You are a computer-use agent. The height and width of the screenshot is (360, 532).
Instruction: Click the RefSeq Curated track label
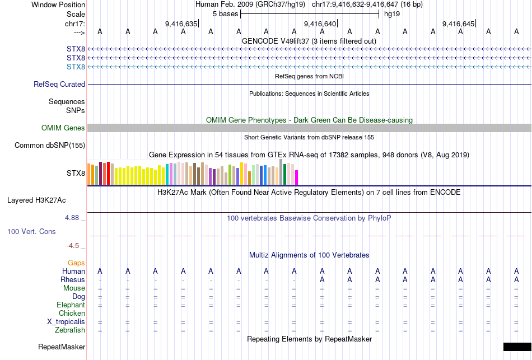click(59, 85)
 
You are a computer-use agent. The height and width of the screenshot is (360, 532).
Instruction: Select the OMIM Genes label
click(63, 128)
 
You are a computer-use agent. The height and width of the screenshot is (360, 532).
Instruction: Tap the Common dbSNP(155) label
click(50, 146)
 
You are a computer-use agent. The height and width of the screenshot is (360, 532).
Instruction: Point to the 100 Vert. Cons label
click(31, 231)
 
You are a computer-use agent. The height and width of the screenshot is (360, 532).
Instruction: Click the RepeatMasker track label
click(62, 347)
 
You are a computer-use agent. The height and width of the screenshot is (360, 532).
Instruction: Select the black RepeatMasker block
click(517, 347)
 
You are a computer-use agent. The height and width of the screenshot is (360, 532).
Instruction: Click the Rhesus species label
click(73, 280)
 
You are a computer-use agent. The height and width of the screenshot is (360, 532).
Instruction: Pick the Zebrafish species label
click(70, 330)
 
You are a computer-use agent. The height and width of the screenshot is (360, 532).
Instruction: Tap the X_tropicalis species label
click(66, 322)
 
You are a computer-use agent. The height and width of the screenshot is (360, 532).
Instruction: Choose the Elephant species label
click(71, 305)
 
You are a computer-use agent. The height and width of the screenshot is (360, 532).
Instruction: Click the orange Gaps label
click(76, 263)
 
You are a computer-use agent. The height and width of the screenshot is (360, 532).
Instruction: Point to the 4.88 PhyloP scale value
click(74, 217)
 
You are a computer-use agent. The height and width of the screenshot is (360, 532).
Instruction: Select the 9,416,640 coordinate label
click(320, 24)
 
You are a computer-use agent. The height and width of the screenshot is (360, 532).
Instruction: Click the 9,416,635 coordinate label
click(181, 24)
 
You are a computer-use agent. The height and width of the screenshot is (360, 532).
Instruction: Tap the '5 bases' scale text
click(225, 14)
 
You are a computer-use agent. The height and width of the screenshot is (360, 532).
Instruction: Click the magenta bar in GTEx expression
click(296, 177)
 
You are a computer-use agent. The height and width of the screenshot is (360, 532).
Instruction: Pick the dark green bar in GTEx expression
click(284, 174)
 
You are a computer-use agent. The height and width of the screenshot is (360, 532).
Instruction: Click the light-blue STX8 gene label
click(76, 67)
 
